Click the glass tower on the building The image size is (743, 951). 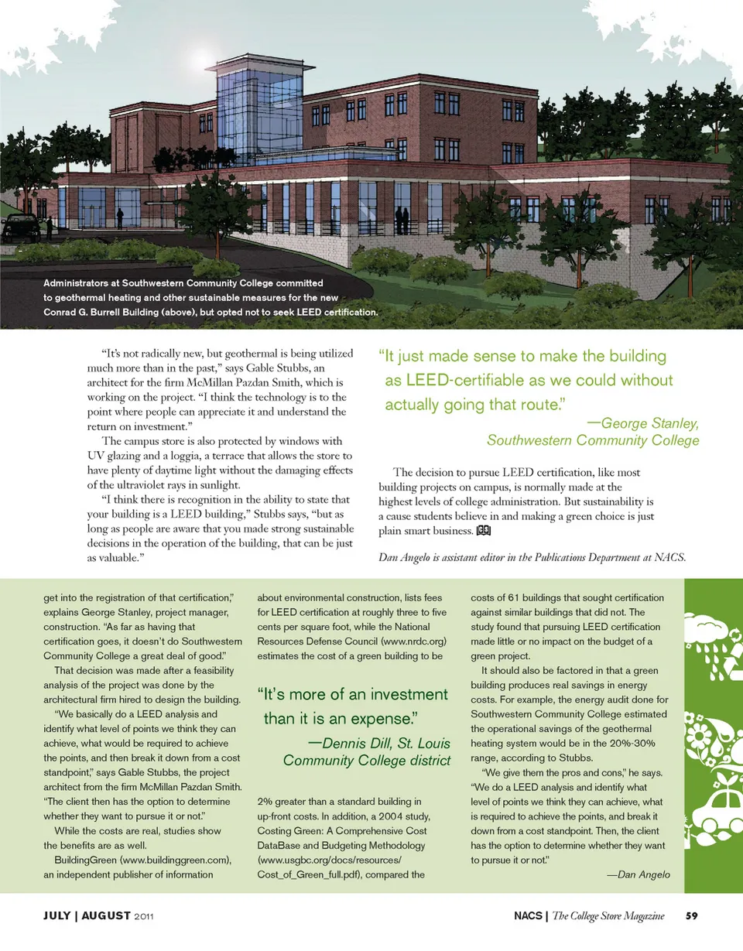coord(248,108)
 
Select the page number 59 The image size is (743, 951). coord(692,917)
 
